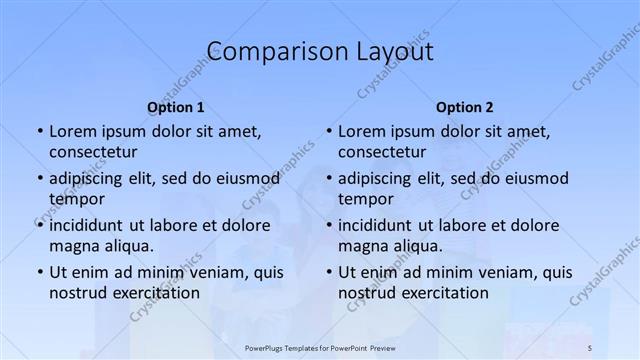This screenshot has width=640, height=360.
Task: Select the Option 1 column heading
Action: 176,107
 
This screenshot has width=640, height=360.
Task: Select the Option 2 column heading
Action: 464,107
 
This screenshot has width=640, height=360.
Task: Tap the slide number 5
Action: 590,346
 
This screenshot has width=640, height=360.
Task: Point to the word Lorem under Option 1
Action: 72,131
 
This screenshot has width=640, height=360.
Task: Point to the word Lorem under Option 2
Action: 361,131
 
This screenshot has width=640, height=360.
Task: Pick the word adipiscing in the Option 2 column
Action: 376,178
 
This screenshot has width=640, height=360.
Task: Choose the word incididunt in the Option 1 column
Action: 87,225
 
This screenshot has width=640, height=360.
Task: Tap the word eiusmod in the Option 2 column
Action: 535,178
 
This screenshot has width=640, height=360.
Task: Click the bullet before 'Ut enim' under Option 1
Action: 38,272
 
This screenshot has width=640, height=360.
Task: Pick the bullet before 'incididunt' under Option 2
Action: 327,225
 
